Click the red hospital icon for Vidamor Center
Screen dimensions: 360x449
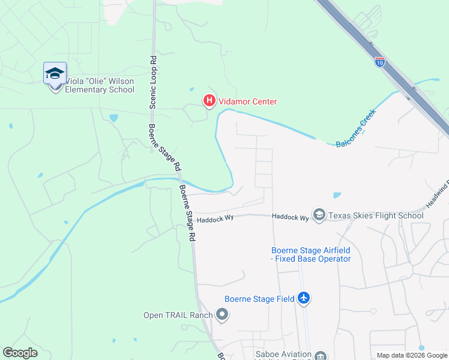pos(209,101)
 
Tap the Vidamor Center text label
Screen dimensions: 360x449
pos(247,102)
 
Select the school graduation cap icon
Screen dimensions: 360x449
pos(55,74)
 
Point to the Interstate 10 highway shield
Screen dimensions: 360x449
pos(380,61)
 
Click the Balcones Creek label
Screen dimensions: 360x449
pos(355,128)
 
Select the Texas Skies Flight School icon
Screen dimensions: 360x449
pos(319,215)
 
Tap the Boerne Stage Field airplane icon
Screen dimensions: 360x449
pos(304,298)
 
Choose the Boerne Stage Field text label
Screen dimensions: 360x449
pos(259,299)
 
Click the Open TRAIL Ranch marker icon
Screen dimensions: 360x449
pos(222,314)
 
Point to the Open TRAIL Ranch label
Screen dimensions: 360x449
pos(178,315)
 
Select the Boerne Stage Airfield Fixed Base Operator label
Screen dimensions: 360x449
pos(311,254)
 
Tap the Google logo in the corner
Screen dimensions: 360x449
pos(20,353)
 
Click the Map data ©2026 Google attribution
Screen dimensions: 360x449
pos(411,355)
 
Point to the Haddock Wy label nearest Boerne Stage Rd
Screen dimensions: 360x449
pos(215,219)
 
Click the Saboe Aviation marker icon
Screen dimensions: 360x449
pos(320,355)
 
